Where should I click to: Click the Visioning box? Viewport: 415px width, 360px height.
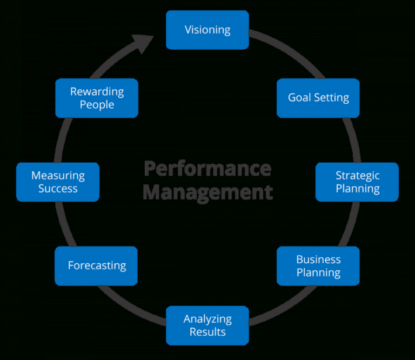pos(207,30)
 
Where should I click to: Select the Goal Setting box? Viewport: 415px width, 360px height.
pos(318,98)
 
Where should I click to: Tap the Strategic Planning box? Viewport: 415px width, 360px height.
pos(357,182)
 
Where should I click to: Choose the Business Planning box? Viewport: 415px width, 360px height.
pos(318,266)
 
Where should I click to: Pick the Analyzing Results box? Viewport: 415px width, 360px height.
pos(207,325)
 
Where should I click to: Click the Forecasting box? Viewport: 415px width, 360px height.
pos(96,266)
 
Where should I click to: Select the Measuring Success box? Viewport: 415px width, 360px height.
pos(58,182)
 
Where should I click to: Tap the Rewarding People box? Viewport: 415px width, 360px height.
pos(97,98)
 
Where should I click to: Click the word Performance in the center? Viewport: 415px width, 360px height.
pos(207,168)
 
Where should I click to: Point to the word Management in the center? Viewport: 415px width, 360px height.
pos(207,192)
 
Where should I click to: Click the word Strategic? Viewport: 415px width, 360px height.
pos(357,176)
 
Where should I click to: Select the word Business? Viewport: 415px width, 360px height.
pos(318,259)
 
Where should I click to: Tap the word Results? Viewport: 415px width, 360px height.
pos(207,331)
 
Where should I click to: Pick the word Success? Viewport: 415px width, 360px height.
pos(58,189)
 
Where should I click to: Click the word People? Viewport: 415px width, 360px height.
pos(97,104)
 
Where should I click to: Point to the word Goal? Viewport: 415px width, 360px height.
pos(298,98)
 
